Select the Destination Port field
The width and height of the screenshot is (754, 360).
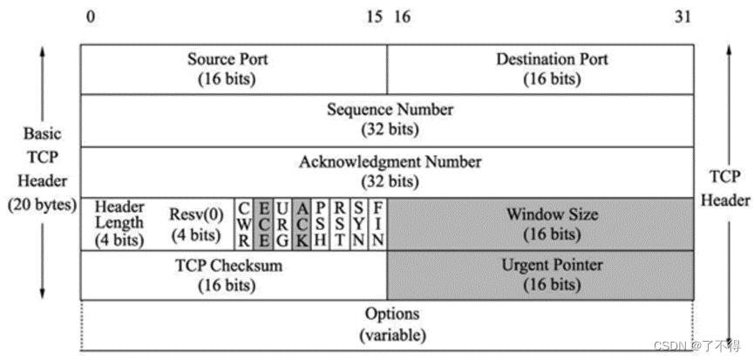540,69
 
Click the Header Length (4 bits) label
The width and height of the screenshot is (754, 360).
119,223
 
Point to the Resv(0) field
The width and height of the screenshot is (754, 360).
194,223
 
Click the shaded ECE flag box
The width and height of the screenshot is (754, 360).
263,223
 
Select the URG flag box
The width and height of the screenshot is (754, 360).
282,223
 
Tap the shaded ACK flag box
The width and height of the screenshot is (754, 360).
301,223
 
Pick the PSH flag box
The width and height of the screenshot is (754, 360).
320,223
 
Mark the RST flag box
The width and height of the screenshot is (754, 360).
339,223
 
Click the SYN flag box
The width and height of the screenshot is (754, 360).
358,223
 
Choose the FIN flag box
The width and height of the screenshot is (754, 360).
377,223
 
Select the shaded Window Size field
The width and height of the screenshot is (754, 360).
540,223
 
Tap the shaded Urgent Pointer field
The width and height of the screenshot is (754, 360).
540,275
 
